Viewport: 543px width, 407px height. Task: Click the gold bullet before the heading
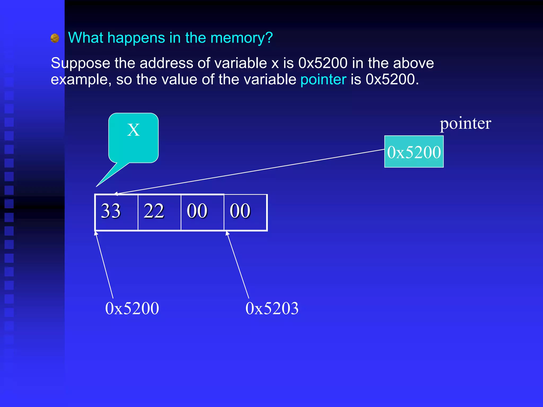click(x=55, y=38)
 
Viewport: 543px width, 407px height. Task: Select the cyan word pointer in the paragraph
click(x=323, y=79)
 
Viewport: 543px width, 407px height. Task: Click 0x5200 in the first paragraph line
click(x=323, y=63)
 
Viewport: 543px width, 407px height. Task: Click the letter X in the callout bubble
click(x=133, y=130)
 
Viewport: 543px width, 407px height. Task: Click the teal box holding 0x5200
click(x=414, y=152)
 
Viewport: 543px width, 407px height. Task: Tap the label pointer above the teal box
click(x=465, y=123)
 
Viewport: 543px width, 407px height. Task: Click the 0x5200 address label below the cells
click(x=132, y=308)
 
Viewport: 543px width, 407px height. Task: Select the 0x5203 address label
click(x=272, y=308)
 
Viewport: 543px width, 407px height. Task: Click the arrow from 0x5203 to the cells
click(x=238, y=265)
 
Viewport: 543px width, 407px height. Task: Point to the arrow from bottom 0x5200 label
click(x=104, y=265)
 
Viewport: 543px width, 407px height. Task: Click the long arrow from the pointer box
click(x=249, y=171)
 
